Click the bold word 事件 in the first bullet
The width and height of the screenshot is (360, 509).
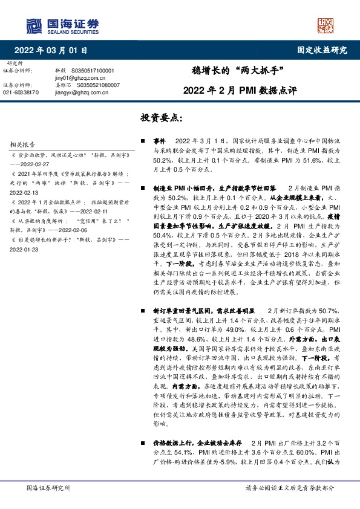(x=160, y=140)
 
